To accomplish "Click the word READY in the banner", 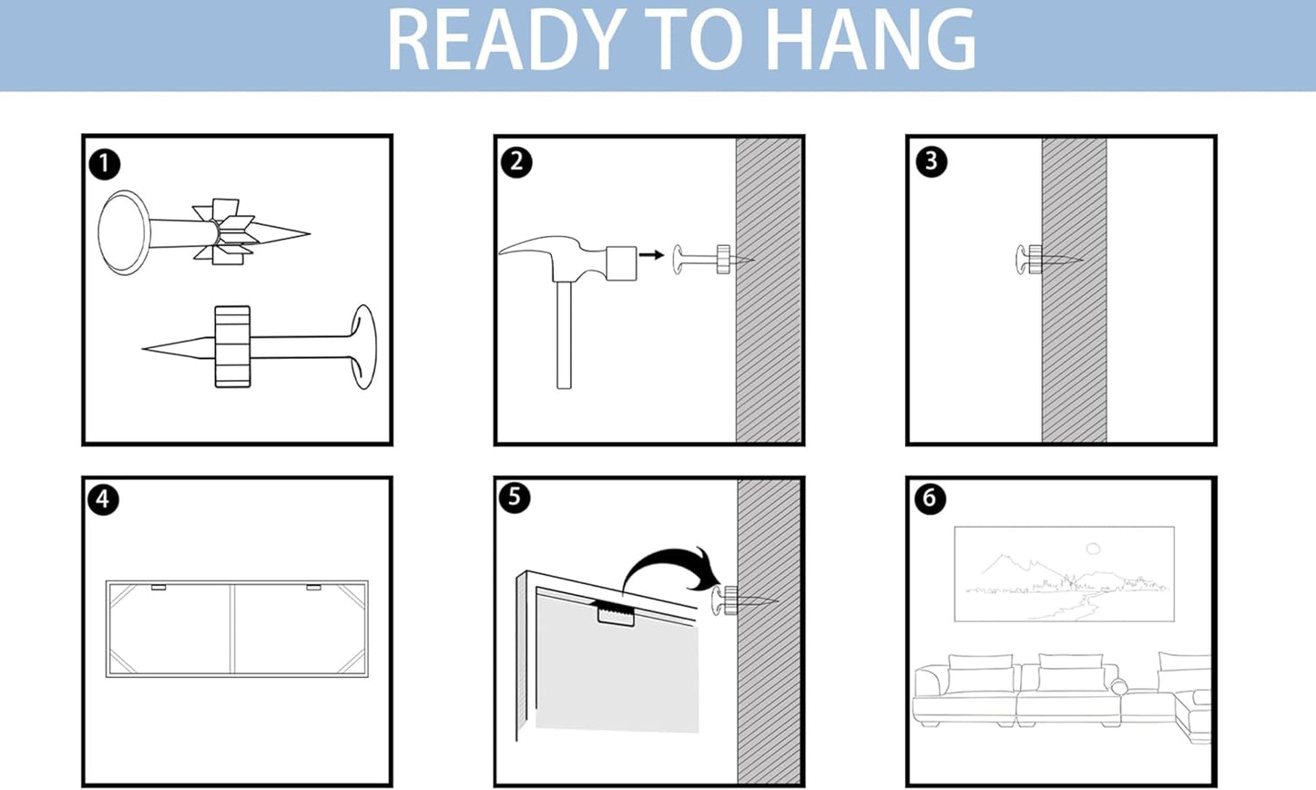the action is click(505, 40).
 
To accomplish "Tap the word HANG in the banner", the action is click(872, 40).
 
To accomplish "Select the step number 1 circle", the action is click(105, 165).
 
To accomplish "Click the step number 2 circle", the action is click(516, 162).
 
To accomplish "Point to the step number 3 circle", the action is click(931, 161).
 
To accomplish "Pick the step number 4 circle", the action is click(103, 499).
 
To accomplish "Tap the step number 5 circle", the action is click(515, 498).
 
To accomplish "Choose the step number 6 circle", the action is click(930, 498).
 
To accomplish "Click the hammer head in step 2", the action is click(567, 259).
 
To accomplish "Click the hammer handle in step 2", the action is click(564, 335).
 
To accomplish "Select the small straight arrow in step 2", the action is click(651, 254).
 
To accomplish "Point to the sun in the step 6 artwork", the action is click(1093, 549).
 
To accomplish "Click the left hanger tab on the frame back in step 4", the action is click(158, 587).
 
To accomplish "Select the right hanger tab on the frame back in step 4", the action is click(313, 587).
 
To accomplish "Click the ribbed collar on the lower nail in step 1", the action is click(232, 347).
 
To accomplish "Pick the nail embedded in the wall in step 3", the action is click(1048, 259).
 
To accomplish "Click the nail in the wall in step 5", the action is click(744, 600).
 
